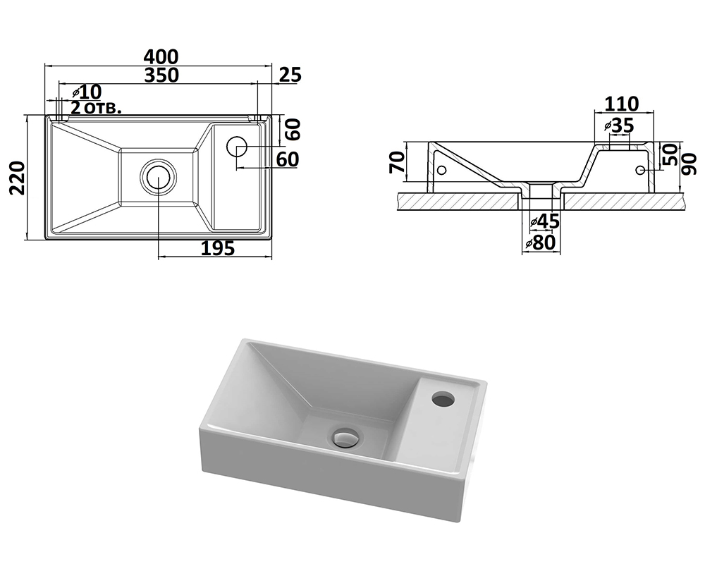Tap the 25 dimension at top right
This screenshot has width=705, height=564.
pos(290,74)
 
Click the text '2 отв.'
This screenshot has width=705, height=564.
pos(96,109)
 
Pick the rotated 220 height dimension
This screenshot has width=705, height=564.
pos(16,178)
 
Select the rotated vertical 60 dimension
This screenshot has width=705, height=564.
pos(293,129)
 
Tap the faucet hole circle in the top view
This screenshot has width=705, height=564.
pos(237,147)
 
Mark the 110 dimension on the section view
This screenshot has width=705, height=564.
pos(622,104)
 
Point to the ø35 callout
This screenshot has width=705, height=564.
pos(619,125)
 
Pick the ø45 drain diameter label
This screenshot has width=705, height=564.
pos(544,221)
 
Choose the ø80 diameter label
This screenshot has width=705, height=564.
pos(541,243)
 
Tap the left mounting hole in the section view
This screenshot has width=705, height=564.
pos(442,171)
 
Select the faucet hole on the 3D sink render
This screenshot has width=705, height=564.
pos(443,400)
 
